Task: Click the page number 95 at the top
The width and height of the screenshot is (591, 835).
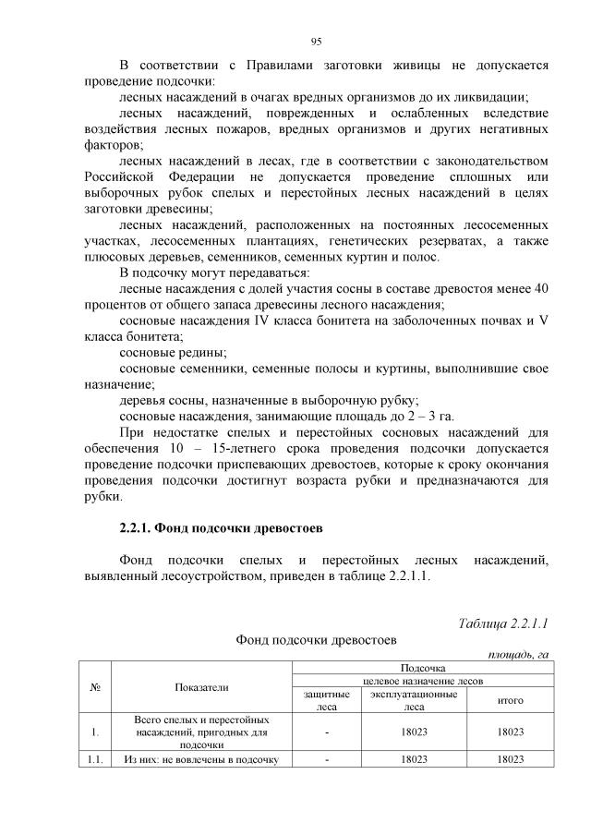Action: (x=315, y=41)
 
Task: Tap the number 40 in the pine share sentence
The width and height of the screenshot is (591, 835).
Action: (x=541, y=288)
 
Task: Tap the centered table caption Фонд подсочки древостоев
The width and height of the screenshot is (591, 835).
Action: (x=315, y=638)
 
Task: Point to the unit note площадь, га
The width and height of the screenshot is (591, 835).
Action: (x=518, y=654)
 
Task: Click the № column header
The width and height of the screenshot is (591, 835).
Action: (x=95, y=686)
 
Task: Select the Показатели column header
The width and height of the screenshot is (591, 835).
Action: (x=201, y=686)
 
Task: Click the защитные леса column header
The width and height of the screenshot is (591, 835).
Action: (x=327, y=700)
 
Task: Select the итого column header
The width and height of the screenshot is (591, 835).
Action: (x=511, y=700)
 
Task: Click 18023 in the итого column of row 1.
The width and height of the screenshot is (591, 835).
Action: (x=511, y=732)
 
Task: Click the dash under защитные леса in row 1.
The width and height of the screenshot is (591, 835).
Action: (x=327, y=732)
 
